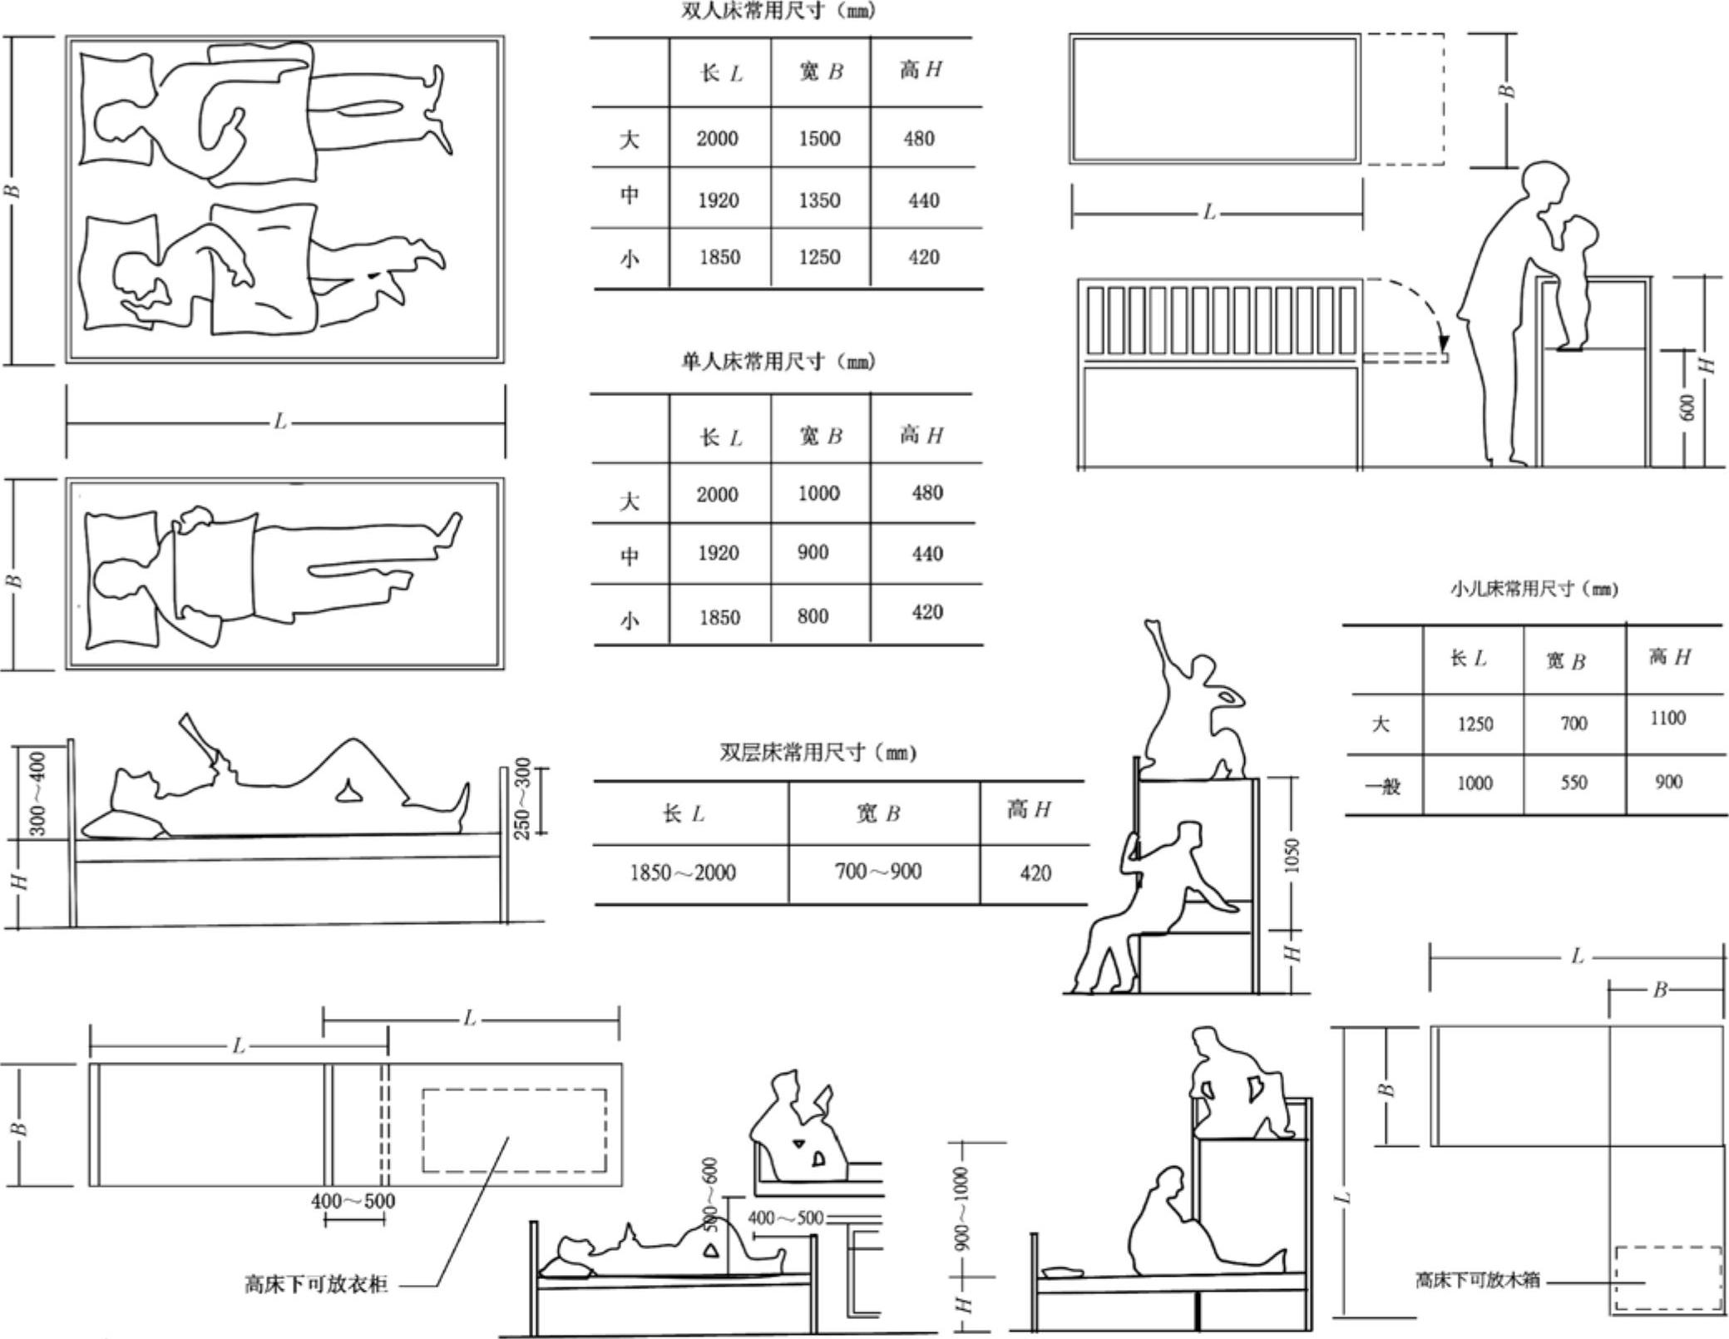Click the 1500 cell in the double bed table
click(819, 138)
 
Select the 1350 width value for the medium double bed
click(819, 200)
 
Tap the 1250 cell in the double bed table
click(819, 257)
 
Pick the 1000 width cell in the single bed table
click(818, 494)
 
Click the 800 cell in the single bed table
click(813, 616)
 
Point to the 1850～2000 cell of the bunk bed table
click(683, 872)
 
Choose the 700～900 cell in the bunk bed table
click(878, 872)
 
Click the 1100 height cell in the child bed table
click(1668, 719)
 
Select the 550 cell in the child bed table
click(1573, 783)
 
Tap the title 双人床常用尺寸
click(778, 12)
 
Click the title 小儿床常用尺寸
click(1534, 590)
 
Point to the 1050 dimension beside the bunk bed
click(1292, 856)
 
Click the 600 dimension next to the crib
click(1687, 408)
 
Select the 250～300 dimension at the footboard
click(522, 798)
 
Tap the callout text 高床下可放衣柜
click(316, 1284)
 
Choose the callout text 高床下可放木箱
click(1477, 1280)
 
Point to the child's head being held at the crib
click(1578, 232)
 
